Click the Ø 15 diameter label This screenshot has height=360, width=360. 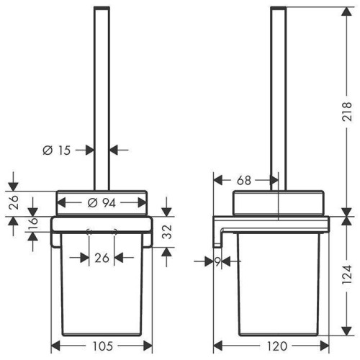57,150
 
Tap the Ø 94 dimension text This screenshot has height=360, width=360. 102,203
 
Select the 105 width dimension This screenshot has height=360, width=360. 102,346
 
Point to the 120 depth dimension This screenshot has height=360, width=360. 276,346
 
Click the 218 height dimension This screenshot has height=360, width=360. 347,112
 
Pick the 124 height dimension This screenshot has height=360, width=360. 347,275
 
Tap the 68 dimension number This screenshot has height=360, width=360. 244,180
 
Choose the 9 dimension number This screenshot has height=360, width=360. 217,261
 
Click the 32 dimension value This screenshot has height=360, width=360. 168,232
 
